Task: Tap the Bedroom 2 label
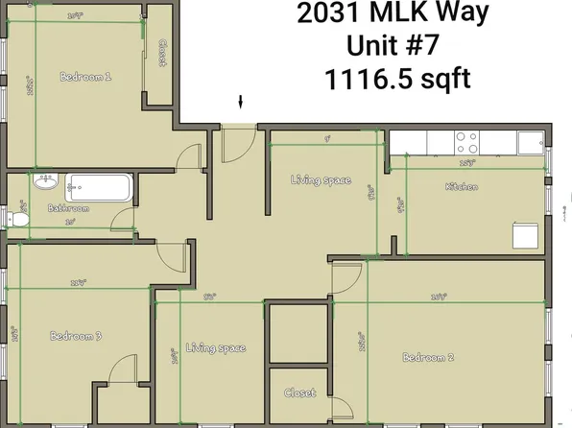(428, 357)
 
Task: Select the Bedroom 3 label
(76, 336)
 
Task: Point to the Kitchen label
(462, 187)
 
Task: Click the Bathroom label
(68, 208)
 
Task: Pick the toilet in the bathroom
(16, 220)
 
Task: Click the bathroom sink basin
(43, 181)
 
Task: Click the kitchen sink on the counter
(529, 142)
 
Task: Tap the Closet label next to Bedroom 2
(299, 392)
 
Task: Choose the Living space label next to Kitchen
(321, 180)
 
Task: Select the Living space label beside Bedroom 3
(216, 347)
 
